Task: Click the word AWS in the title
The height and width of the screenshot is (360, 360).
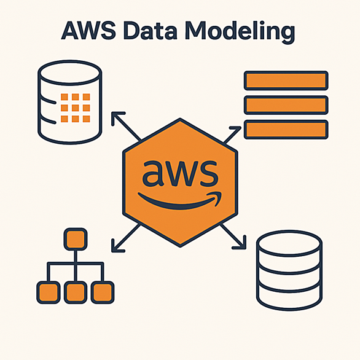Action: [x=88, y=31]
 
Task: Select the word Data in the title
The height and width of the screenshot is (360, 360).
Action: [x=150, y=31]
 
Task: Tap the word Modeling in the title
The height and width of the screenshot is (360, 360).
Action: [x=240, y=32]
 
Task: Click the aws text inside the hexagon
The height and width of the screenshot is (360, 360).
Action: [x=180, y=173]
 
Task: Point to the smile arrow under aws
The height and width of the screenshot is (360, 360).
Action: [x=179, y=200]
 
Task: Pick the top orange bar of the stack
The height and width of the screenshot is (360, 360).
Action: [x=286, y=80]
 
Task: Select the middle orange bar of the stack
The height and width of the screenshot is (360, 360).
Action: [x=286, y=105]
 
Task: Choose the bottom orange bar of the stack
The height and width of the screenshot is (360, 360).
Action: [x=286, y=130]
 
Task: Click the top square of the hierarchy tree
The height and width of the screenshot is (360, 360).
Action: [x=76, y=239]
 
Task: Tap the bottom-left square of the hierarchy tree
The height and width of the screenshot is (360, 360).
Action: [x=48, y=292]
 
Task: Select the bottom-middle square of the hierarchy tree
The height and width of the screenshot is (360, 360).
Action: [x=76, y=292]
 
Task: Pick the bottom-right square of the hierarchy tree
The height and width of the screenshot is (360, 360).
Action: [x=103, y=292]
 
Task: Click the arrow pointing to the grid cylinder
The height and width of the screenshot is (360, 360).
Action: [x=126, y=127]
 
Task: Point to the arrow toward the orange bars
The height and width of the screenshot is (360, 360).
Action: [x=232, y=135]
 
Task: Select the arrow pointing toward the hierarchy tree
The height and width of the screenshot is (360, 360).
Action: [x=126, y=238]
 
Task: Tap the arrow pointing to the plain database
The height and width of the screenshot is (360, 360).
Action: [x=233, y=237]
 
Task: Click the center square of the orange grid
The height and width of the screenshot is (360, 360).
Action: [x=76, y=108]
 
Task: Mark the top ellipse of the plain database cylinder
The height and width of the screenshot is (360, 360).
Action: [x=289, y=243]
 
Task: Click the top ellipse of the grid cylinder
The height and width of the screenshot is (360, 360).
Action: [x=70, y=72]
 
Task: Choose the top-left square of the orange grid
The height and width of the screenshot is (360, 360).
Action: [x=65, y=97]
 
